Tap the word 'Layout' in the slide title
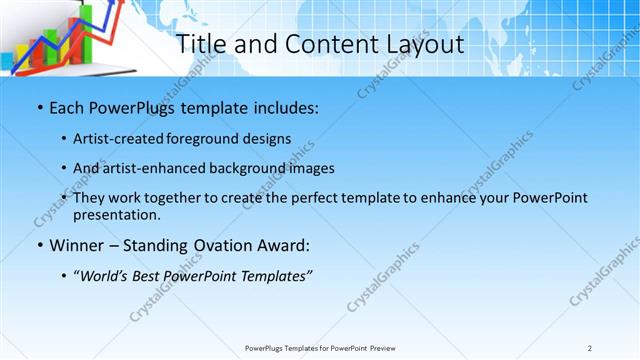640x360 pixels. click(423, 44)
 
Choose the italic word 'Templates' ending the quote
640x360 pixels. click(276, 276)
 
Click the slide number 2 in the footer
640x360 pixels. click(589, 348)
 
